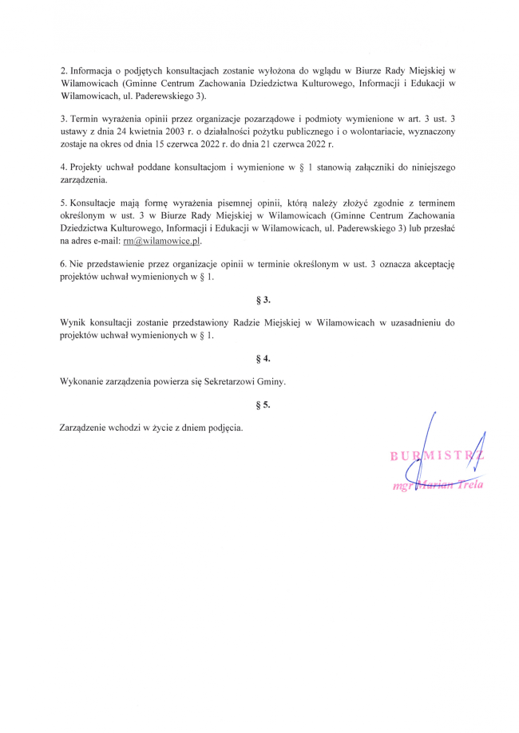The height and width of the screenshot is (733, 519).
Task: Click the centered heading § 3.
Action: pyautogui.click(x=263, y=300)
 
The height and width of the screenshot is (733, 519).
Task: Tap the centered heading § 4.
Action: pyautogui.click(x=263, y=358)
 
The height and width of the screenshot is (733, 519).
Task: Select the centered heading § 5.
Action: pyautogui.click(x=263, y=404)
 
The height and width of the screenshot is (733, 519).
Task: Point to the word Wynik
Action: pyautogui.click(x=73, y=323)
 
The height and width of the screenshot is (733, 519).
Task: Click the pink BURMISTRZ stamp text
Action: pyautogui.click(x=437, y=456)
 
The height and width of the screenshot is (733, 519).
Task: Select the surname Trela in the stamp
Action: pyautogui.click(x=469, y=484)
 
